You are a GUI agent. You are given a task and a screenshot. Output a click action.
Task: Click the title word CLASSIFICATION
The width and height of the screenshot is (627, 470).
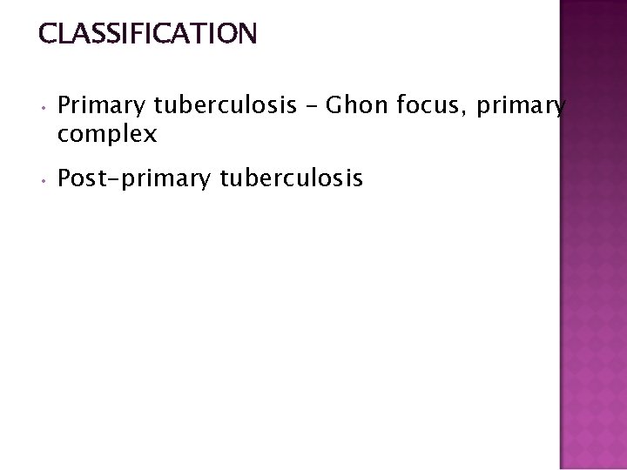click(x=147, y=34)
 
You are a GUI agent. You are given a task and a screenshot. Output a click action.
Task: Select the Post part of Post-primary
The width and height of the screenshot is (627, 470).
click(x=78, y=179)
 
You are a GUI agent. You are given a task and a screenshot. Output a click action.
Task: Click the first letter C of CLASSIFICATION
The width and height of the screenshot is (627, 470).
click(x=47, y=34)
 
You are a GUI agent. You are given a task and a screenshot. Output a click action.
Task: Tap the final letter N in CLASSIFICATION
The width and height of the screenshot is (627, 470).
click(x=247, y=34)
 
